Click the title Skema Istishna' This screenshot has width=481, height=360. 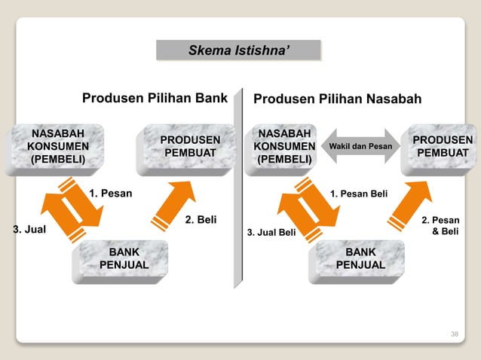(x=238, y=50)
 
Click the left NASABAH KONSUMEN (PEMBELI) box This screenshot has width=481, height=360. (x=58, y=146)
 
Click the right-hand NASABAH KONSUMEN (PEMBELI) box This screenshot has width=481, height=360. (x=284, y=146)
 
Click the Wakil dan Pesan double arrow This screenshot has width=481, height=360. (x=358, y=146)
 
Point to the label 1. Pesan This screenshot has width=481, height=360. (x=110, y=194)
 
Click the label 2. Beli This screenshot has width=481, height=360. (x=201, y=221)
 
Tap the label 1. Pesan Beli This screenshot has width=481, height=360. (x=359, y=194)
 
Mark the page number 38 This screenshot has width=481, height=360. (x=454, y=332)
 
